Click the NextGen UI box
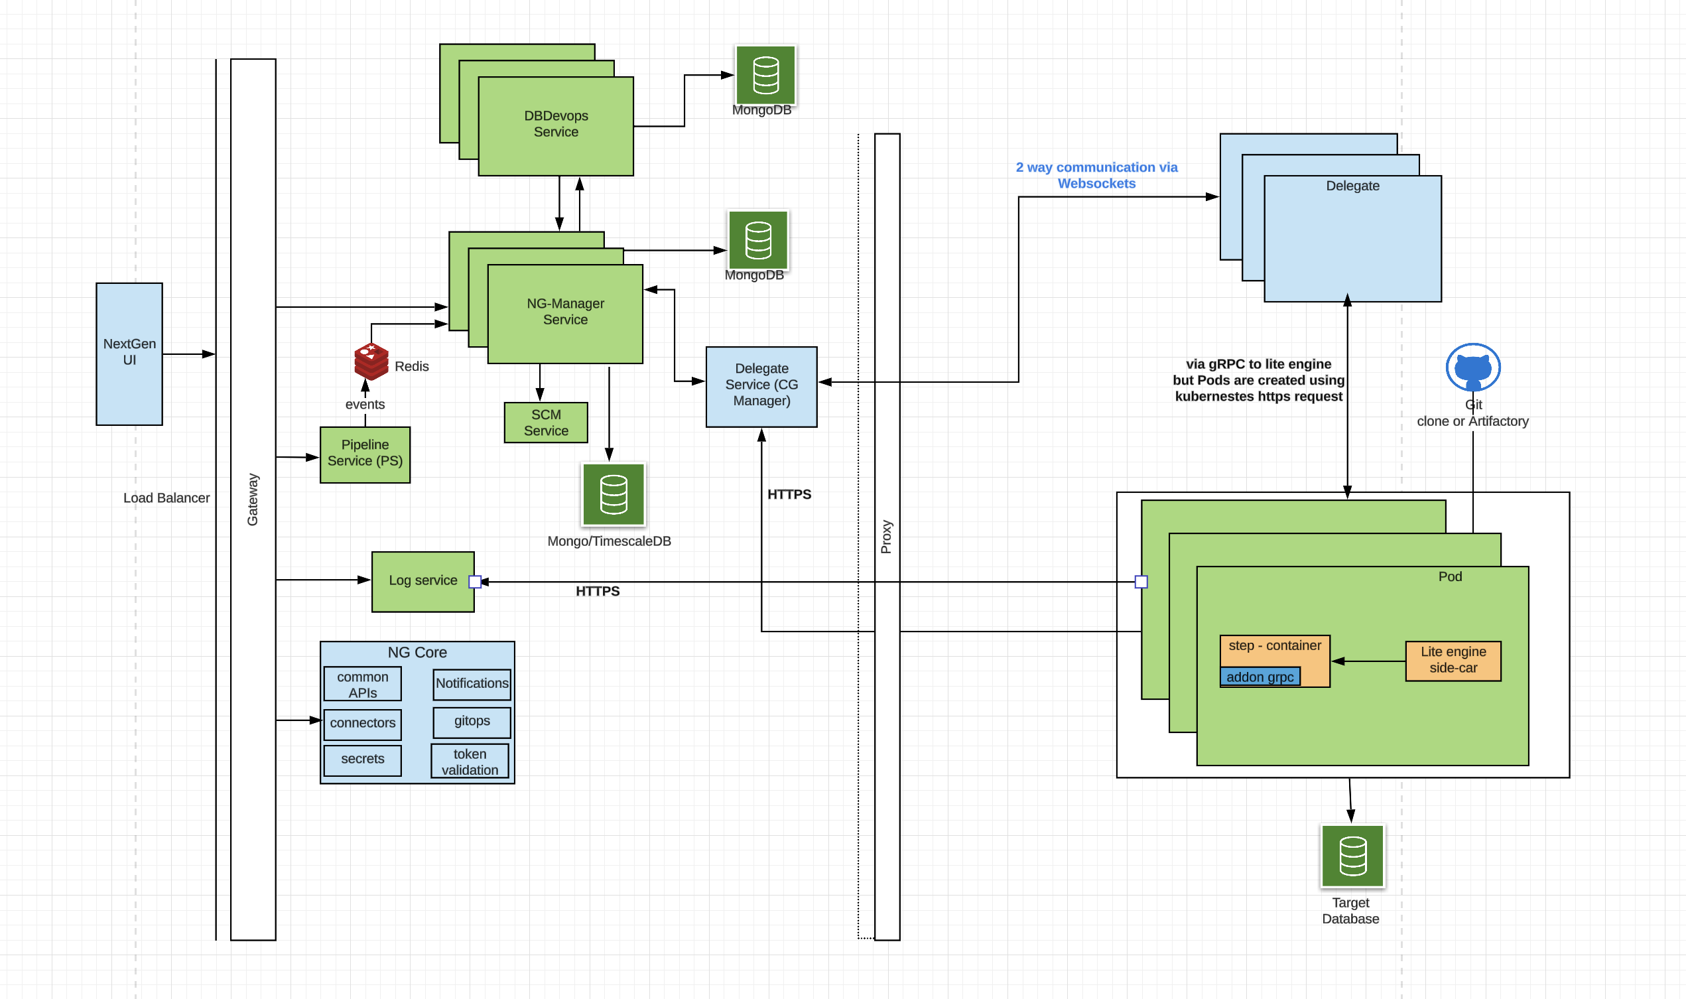[x=129, y=354]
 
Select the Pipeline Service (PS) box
[x=365, y=454]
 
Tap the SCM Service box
[x=546, y=422]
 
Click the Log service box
[x=422, y=581]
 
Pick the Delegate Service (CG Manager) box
[x=761, y=387]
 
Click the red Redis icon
[x=371, y=362]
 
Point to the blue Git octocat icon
[x=1472, y=367]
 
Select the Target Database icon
[x=1352, y=856]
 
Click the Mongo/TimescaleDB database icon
[x=613, y=494]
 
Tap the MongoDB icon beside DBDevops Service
[x=765, y=76]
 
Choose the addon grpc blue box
[x=1260, y=677]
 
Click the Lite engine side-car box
[x=1453, y=661]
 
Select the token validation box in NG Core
[x=470, y=762]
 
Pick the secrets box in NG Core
[x=362, y=760]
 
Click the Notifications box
[x=472, y=683]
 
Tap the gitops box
[x=472, y=722]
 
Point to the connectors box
[x=362, y=724]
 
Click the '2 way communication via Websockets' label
[x=1096, y=176]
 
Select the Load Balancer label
[x=166, y=498]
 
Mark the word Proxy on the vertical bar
[x=886, y=537]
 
